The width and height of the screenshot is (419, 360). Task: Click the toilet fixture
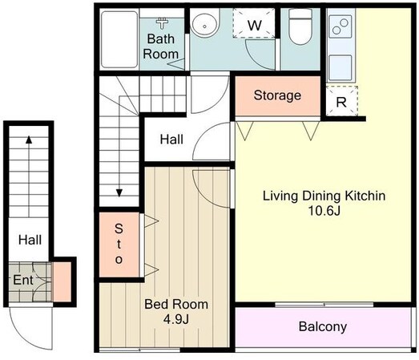point(300,26)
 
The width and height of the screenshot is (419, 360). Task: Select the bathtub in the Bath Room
point(119,39)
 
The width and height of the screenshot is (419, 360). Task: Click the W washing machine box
point(254,23)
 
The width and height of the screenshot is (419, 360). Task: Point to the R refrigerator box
point(342,101)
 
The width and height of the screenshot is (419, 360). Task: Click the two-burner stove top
point(340,26)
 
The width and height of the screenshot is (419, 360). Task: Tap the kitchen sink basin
point(340,67)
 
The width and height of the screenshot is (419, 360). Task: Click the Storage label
point(277,95)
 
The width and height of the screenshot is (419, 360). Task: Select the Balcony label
point(323,327)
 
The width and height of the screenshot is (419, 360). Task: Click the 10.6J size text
point(324,211)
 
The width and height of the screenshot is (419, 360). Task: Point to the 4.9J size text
point(176,319)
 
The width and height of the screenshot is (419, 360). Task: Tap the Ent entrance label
point(23,281)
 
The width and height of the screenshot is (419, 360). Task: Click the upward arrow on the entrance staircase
point(29,176)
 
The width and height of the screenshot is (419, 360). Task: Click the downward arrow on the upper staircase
point(119,146)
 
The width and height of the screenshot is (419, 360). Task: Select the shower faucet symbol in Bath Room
point(162,23)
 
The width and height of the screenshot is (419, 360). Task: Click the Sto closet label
point(119,244)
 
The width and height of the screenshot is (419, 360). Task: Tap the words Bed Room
point(176,305)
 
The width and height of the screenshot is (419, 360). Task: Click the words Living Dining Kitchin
point(324,196)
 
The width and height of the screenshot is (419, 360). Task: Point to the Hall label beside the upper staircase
point(171,140)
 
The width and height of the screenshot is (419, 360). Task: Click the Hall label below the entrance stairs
point(30,240)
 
